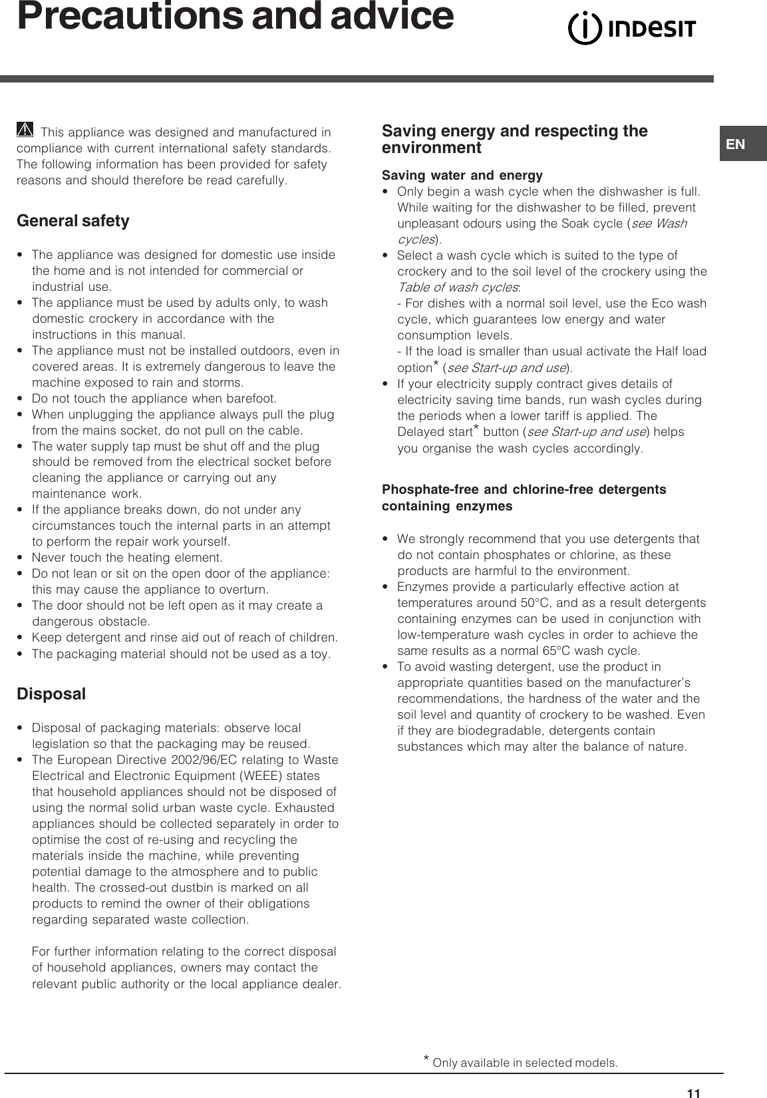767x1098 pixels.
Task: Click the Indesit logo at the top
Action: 631,29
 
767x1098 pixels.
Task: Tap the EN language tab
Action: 736,144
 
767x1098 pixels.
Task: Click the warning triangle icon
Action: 25,130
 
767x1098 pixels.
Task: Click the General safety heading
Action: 73,221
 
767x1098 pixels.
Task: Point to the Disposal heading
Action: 51,694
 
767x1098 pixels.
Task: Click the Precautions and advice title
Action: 235,17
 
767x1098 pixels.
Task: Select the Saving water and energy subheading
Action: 462,176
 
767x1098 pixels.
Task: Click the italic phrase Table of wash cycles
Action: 458,287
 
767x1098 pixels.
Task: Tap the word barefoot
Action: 251,399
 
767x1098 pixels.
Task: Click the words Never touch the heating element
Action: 127,558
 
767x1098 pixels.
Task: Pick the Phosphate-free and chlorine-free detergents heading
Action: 524,490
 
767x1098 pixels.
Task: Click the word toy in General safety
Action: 319,654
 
